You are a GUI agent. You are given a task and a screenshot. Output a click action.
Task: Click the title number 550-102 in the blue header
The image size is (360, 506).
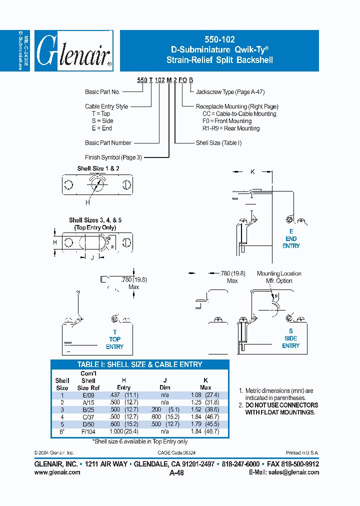(x=219, y=39)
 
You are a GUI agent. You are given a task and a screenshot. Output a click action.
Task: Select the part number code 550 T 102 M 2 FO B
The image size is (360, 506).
(x=162, y=79)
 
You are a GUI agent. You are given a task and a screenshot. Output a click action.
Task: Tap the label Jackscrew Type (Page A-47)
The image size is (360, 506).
(x=230, y=92)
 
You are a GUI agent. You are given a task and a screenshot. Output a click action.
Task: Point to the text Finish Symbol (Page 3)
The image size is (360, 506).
(x=113, y=157)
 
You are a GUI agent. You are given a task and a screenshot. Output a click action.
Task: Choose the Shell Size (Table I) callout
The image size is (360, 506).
(x=218, y=143)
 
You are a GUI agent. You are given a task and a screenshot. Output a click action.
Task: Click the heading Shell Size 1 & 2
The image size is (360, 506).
(x=98, y=168)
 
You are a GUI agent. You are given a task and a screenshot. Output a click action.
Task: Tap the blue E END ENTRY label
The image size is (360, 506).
(x=291, y=238)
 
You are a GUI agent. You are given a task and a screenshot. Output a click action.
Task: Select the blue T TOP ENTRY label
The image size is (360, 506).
(x=114, y=339)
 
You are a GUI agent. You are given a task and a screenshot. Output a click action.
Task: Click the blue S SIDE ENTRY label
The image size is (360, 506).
(x=290, y=338)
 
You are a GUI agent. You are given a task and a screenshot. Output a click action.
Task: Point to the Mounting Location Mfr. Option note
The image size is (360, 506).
(x=279, y=277)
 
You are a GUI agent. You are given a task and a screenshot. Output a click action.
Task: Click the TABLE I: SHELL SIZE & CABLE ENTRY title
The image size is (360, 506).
(x=139, y=364)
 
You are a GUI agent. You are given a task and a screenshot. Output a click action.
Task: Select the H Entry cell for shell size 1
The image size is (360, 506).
(x=123, y=394)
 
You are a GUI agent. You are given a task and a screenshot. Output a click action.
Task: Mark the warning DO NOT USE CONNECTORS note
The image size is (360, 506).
(x=281, y=408)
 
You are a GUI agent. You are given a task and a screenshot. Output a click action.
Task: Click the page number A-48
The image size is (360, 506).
(x=176, y=473)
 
